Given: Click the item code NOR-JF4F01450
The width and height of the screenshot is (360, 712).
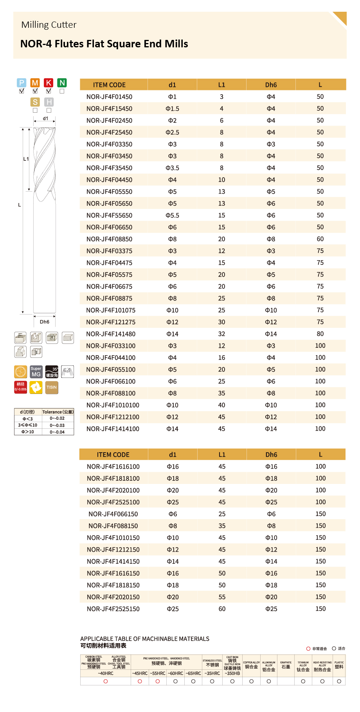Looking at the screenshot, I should pyautogui.click(x=109, y=97).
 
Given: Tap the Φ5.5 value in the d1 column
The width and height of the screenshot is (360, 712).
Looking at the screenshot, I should pyautogui.click(x=172, y=215).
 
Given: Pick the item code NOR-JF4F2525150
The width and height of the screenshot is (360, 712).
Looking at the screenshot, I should pyautogui.click(x=113, y=609).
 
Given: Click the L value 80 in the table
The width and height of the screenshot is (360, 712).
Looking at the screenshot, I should pyautogui.click(x=320, y=334).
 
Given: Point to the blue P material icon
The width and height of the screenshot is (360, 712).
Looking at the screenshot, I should pyautogui.click(x=22, y=83).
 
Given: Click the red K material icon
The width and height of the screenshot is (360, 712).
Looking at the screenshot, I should pyautogui.click(x=49, y=83).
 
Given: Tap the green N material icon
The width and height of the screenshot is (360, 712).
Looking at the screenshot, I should pyautogui.click(x=62, y=83).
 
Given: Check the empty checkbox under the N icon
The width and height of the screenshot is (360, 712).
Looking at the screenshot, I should pyautogui.click(x=62, y=91).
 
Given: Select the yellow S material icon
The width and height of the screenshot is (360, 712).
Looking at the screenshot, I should pyautogui.click(x=35, y=102).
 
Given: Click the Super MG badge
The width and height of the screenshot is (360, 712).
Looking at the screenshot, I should pyautogui.click(x=36, y=372).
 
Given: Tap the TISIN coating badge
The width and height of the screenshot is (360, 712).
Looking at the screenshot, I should pyautogui.click(x=52, y=387).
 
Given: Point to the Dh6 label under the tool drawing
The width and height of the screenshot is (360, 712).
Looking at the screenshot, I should pyautogui.click(x=45, y=322).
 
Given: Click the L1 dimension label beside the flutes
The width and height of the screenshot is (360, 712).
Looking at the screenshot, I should pyautogui.click(x=26, y=159).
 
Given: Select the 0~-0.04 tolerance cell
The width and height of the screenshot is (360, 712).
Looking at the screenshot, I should pyautogui.click(x=57, y=432).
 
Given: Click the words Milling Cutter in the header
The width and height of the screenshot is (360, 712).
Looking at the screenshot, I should pyautogui.click(x=49, y=25).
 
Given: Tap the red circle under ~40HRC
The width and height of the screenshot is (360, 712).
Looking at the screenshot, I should pyautogui.click(x=106, y=681).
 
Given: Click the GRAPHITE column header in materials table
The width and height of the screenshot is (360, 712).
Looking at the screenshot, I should pyautogui.click(x=286, y=665).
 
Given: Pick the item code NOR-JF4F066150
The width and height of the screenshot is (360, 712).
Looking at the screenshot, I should pyautogui.click(x=113, y=514).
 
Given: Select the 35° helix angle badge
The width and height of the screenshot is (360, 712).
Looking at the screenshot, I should pyautogui.click(x=52, y=372).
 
